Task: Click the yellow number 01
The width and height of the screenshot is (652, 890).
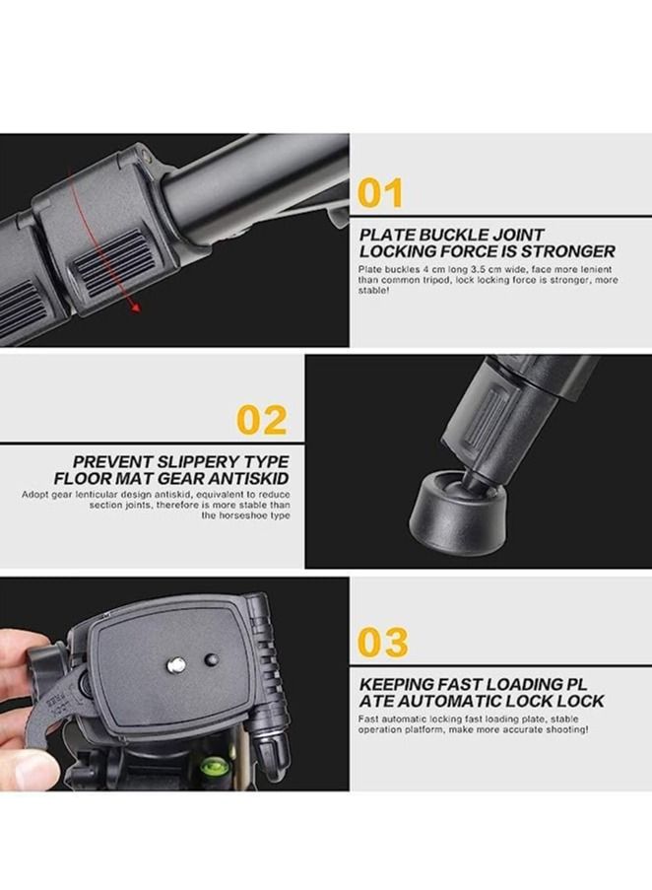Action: [x=380, y=193]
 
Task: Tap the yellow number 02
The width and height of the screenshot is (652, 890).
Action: [x=261, y=420]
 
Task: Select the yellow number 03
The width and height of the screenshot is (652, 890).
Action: [x=382, y=642]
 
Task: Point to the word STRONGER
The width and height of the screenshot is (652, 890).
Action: [x=565, y=251]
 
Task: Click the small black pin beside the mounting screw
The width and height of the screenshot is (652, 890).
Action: [x=210, y=658]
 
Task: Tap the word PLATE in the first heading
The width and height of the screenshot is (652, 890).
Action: [x=387, y=235]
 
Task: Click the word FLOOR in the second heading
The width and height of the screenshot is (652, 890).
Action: [x=101, y=478]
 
